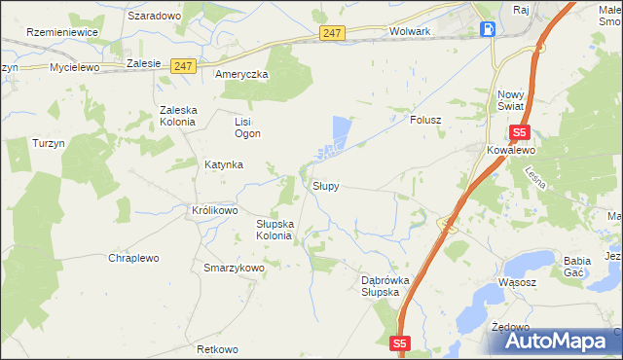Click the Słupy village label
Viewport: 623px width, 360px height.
click(x=325, y=186)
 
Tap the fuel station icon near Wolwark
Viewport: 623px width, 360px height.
click(x=487, y=29)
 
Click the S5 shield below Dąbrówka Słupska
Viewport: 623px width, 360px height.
click(x=400, y=343)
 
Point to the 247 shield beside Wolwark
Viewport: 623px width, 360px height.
click(x=332, y=33)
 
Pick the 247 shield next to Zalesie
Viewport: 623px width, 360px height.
click(x=183, y=66)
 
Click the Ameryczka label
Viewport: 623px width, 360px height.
click(x=241, y=74)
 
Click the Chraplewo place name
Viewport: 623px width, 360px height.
click(x=134, y=258)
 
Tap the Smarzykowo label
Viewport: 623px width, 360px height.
click(x=234, y=268)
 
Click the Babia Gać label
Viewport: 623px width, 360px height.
click(x=578, y=266)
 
